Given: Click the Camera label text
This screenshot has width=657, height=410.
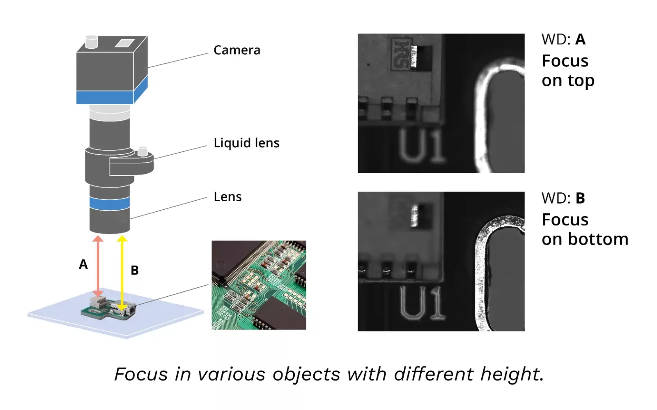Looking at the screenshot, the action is point(237,50).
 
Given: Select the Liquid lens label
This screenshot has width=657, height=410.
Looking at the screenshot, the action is point(246,143).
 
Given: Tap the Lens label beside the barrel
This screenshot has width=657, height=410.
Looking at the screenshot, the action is point(227,197).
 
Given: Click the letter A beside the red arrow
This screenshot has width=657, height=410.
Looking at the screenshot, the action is point(83,264).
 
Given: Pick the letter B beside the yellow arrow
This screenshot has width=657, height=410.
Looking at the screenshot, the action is point(135,270).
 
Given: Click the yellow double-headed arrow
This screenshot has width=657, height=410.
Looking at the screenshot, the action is point(122,273).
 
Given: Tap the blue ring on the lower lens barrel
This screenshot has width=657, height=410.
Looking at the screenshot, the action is point(109,204).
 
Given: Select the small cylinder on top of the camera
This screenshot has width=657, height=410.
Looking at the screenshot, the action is point(91,42).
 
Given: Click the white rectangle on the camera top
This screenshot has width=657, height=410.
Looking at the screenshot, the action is point(125,43).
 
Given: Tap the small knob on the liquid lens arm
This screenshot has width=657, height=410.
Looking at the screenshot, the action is point(142,151).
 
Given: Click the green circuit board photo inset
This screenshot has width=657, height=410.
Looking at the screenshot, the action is point(259,285).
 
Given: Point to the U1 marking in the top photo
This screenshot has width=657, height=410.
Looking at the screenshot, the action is point(421,146).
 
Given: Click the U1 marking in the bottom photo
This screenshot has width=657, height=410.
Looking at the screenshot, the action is point(422,303).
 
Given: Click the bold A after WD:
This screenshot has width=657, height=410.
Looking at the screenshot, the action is point(580,39).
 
